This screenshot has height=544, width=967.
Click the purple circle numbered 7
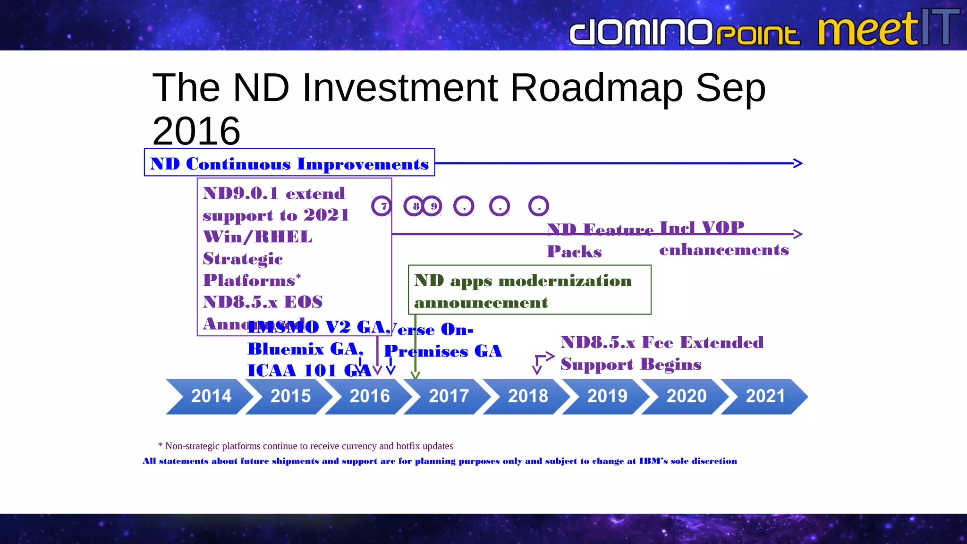[x=382, y=206]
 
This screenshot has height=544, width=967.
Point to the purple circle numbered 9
[x=432, y=206]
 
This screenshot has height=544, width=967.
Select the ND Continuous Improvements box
[x=289, y=163]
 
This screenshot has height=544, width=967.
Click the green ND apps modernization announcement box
[x=529, y=290]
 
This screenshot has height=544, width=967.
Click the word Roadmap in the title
[x=596, y=88]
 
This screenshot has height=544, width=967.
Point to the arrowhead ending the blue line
[x=798, y=163]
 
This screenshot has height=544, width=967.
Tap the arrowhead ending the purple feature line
[x=798, y=234]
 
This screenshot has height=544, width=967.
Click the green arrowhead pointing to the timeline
[x=415, y=375]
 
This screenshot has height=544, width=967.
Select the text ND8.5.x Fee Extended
[x=662, y=342]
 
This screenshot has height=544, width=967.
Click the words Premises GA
[x=443, y=351]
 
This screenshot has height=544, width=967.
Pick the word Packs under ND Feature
[x=574, y=252]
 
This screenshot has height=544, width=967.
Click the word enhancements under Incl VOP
[x=723, y=250]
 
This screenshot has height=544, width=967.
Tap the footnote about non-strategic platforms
[x=305, y=446]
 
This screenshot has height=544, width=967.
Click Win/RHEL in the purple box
[x=257, y=237]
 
